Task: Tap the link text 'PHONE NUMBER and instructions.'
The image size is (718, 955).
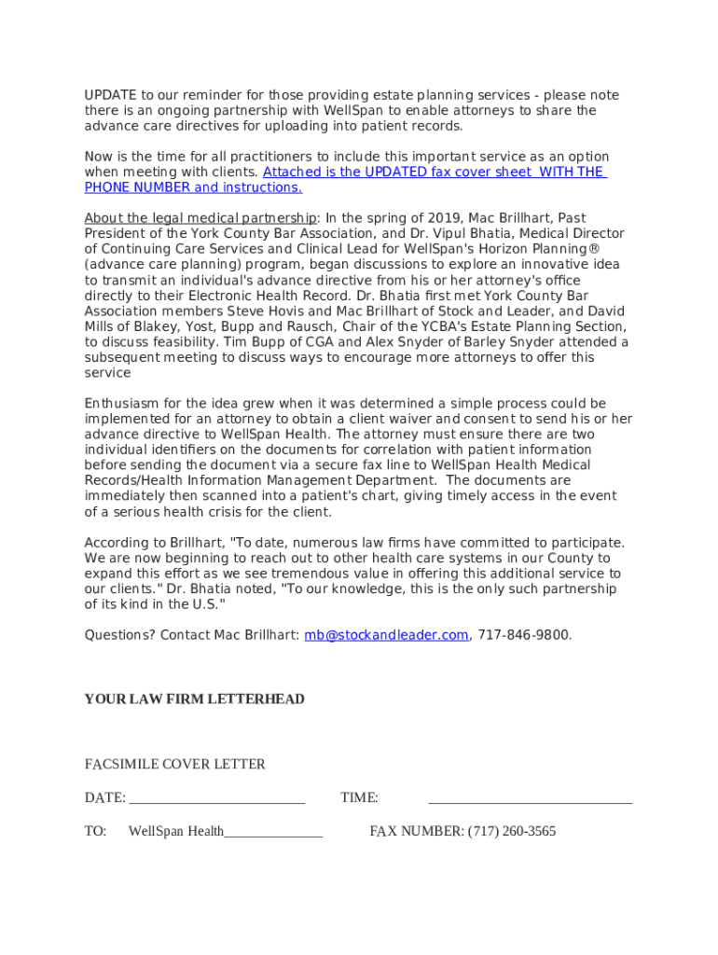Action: [x=193, y=187]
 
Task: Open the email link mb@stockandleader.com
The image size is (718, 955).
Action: [x=386, y=635]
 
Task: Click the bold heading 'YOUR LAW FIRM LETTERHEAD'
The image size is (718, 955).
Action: [x=194, y=699]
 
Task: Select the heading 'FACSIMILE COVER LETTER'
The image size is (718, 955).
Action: [x=175, y=765]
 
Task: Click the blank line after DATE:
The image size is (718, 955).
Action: [x=217, y=798]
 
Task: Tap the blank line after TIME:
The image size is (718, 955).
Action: [x=530, y=798]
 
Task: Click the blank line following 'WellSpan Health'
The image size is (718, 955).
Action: [x=273, y=832]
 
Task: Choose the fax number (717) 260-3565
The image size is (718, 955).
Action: [x=512, y=831]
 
